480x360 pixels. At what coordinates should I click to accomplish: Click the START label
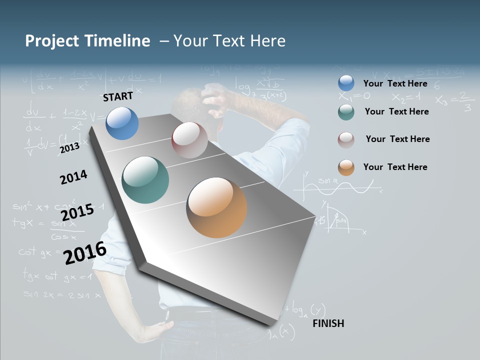[x=118, y=96]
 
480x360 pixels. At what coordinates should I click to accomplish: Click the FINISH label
[x=328, y=323]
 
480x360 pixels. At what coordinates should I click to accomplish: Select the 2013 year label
[x=69, y=148]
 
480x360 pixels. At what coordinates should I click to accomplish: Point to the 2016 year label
[x=85, y=252]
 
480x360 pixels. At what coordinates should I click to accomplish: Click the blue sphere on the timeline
[x=122, y=123]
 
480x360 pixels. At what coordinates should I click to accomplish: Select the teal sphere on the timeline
[x=145, y=180]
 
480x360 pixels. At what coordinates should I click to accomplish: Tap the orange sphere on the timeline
[x=216, y=207]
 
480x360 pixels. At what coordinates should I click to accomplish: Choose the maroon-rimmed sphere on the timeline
[x=189, y=140]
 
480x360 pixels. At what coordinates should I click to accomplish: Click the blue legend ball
[x=346, y=83]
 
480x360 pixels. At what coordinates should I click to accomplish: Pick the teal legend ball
[x=346, y=112]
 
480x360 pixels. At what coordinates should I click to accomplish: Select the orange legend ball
[x=346, y=167]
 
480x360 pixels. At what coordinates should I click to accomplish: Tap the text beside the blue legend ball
[x=395, y=83]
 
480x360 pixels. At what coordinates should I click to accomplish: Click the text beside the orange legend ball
[x=395, y=167]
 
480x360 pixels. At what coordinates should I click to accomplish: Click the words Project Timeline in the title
[x=87, y=41]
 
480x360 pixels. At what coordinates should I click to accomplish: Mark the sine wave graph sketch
[x=340, y=187]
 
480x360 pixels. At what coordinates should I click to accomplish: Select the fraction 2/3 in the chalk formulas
[x=465, y=101]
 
